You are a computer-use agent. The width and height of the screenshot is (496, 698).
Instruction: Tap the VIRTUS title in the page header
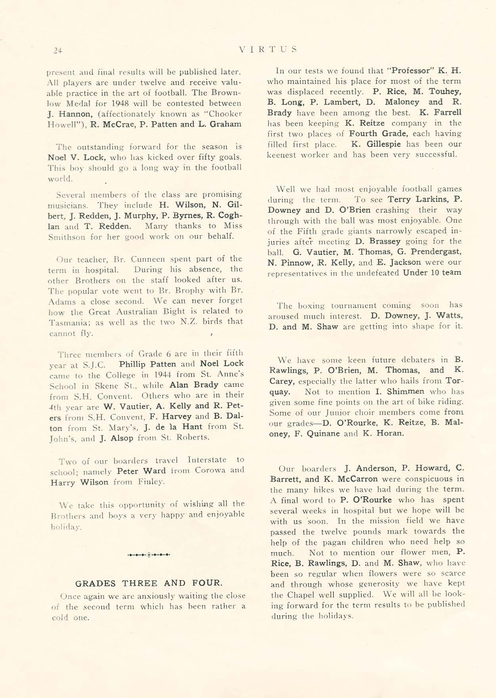[268, 50]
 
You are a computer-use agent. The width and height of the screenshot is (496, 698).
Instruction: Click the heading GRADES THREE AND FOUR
[149, 583]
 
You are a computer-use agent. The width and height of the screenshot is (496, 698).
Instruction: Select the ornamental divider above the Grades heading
[149, 554]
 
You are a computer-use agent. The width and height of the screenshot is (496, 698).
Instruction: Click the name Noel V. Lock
[73, 157]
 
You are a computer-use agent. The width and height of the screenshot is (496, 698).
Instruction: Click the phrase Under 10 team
[432, 273]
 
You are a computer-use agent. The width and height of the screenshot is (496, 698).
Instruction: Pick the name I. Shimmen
[394, 392]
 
